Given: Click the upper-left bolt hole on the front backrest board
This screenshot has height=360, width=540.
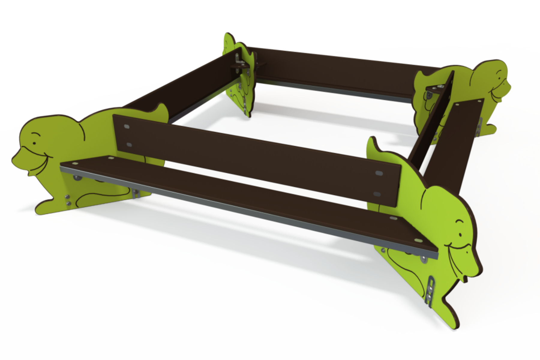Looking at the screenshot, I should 127,126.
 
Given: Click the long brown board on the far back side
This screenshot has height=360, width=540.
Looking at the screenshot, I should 330,72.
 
